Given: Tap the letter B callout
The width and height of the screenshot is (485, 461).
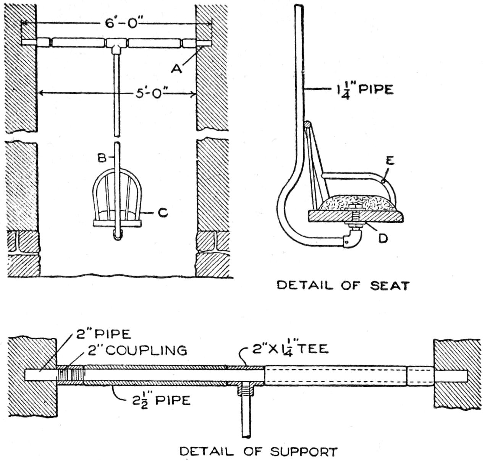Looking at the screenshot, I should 102,157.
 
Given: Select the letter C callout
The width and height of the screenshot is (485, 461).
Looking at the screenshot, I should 163,213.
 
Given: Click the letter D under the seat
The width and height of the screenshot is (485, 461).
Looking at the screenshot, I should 383,239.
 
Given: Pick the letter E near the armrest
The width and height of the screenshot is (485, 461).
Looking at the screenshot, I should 390,161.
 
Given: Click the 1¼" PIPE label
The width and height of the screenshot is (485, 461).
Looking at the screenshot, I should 363,90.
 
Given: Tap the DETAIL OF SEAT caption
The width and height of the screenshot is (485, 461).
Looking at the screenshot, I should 343,286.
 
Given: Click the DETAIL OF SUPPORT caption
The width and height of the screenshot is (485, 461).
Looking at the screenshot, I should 259,451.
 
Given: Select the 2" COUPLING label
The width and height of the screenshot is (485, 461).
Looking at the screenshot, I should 137,350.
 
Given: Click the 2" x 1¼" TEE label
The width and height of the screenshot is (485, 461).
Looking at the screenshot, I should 290,349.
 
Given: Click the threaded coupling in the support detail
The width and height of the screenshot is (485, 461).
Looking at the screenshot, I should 71,375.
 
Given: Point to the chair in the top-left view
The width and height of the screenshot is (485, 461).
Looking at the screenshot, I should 118,203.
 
